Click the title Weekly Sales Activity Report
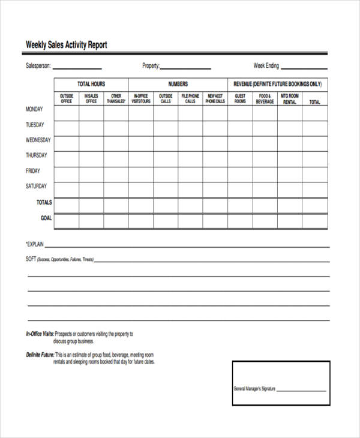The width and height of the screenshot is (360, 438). point(66,45)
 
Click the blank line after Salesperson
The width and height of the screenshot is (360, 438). point(77,68)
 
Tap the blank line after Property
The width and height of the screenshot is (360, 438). point(185,68)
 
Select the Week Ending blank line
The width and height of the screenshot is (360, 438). point(304,68)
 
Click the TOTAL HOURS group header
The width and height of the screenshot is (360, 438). point(91,85)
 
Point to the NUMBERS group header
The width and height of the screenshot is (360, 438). point(178,85)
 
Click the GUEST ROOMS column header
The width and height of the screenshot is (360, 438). point(240,98)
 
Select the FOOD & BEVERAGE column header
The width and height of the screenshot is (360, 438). point(265,98)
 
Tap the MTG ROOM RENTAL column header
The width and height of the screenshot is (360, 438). point(290,99)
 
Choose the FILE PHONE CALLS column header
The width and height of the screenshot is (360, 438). point(190,98)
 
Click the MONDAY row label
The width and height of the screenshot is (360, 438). point(34,110)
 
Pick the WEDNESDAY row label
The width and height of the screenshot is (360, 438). point(38,140)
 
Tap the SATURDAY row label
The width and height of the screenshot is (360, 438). point(36,187)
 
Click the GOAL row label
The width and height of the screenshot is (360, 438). point(46,218)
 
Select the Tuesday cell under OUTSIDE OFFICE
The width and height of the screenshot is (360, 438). point(67,128)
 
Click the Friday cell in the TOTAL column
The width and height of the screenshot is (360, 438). point(315,175)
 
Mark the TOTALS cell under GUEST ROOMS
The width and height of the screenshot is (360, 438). point(240,205)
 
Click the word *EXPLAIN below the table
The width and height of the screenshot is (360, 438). point(35,245)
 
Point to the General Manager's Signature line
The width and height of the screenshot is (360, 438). point(302,389)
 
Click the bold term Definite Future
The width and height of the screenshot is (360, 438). point(40,355)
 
